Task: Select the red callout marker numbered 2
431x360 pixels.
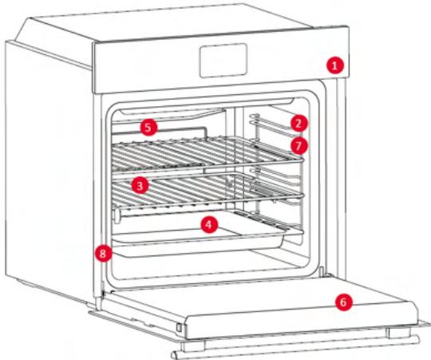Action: [298, 123]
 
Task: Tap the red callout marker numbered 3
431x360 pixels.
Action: [140, 185]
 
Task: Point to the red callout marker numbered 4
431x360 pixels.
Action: [208, 225]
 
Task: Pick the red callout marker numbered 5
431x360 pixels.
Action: [148, 127]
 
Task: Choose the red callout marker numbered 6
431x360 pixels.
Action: [342, 303]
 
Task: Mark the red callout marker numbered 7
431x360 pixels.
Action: [298, 146]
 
